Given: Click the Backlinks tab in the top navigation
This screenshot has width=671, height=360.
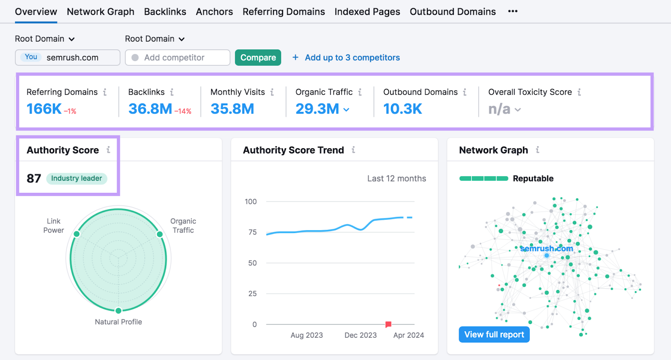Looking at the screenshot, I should [165, 12].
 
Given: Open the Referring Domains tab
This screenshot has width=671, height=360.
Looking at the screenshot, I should [283, 12].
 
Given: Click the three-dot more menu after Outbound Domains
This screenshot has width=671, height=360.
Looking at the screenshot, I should [512, 11].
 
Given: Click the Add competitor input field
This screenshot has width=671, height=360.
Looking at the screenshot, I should [177, 57].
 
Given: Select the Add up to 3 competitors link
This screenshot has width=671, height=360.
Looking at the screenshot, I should [352, 57].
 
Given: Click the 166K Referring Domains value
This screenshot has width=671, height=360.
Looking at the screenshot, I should [44, 109].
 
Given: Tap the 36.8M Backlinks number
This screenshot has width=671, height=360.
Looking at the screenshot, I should [150, 109].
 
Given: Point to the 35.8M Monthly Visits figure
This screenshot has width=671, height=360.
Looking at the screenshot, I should [232, 109].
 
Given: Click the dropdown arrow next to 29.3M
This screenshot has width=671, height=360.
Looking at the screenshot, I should [346, 110].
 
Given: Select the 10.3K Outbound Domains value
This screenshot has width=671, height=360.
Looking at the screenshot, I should [403, 109].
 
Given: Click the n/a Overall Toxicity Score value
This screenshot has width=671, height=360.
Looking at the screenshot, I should [499, 109].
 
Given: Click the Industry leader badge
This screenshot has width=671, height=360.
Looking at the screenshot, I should [76, 179].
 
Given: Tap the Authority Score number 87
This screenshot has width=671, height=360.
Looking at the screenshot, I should [34, 179].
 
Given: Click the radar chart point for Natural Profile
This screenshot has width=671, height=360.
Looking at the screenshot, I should [118, 311].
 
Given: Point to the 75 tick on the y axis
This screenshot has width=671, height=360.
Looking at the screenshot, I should [252, 232].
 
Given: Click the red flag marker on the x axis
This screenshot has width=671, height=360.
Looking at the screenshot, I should [388, 324].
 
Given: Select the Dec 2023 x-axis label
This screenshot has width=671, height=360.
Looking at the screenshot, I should [360, 335].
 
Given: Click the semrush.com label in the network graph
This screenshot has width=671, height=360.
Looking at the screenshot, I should [546, 249].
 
